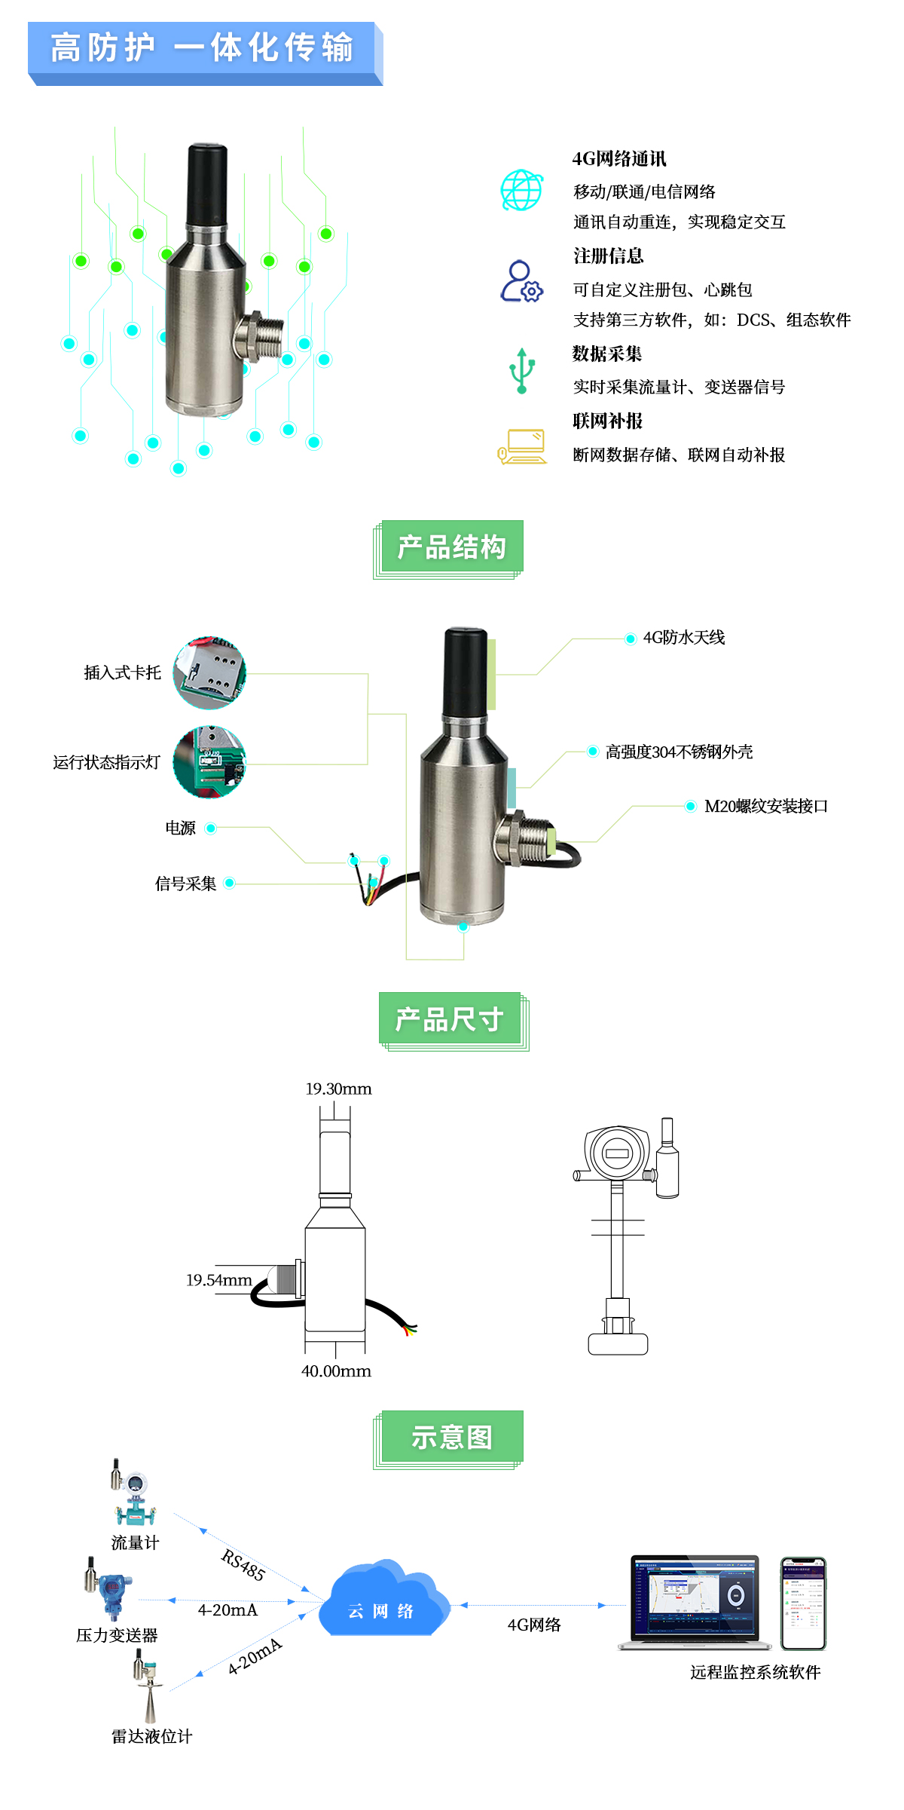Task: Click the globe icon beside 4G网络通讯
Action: (x=522, y=190)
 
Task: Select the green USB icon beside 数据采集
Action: (x=521, y=370)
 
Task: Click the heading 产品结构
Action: (x=451, y=547)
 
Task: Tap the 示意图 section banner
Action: (x=451, y=1438)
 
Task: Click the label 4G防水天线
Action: (x=684, y=638)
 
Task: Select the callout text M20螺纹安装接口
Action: (x=766, y=807)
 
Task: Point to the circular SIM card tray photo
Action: (x=209, y=672)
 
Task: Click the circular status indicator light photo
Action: (x=209, y=762)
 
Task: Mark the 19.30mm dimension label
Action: (x=338, y=1089)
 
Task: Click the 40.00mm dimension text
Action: (x=336, y=1371)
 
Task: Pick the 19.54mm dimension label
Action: (x=219, y=1280)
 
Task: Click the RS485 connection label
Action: (x=243, y=1565)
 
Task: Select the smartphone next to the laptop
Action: (x=803, y=1603)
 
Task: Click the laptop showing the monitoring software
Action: (x=695, y=1602)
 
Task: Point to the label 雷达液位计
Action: (x=152, y=1737)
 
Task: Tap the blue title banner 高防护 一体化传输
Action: (x=205, y=53)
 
